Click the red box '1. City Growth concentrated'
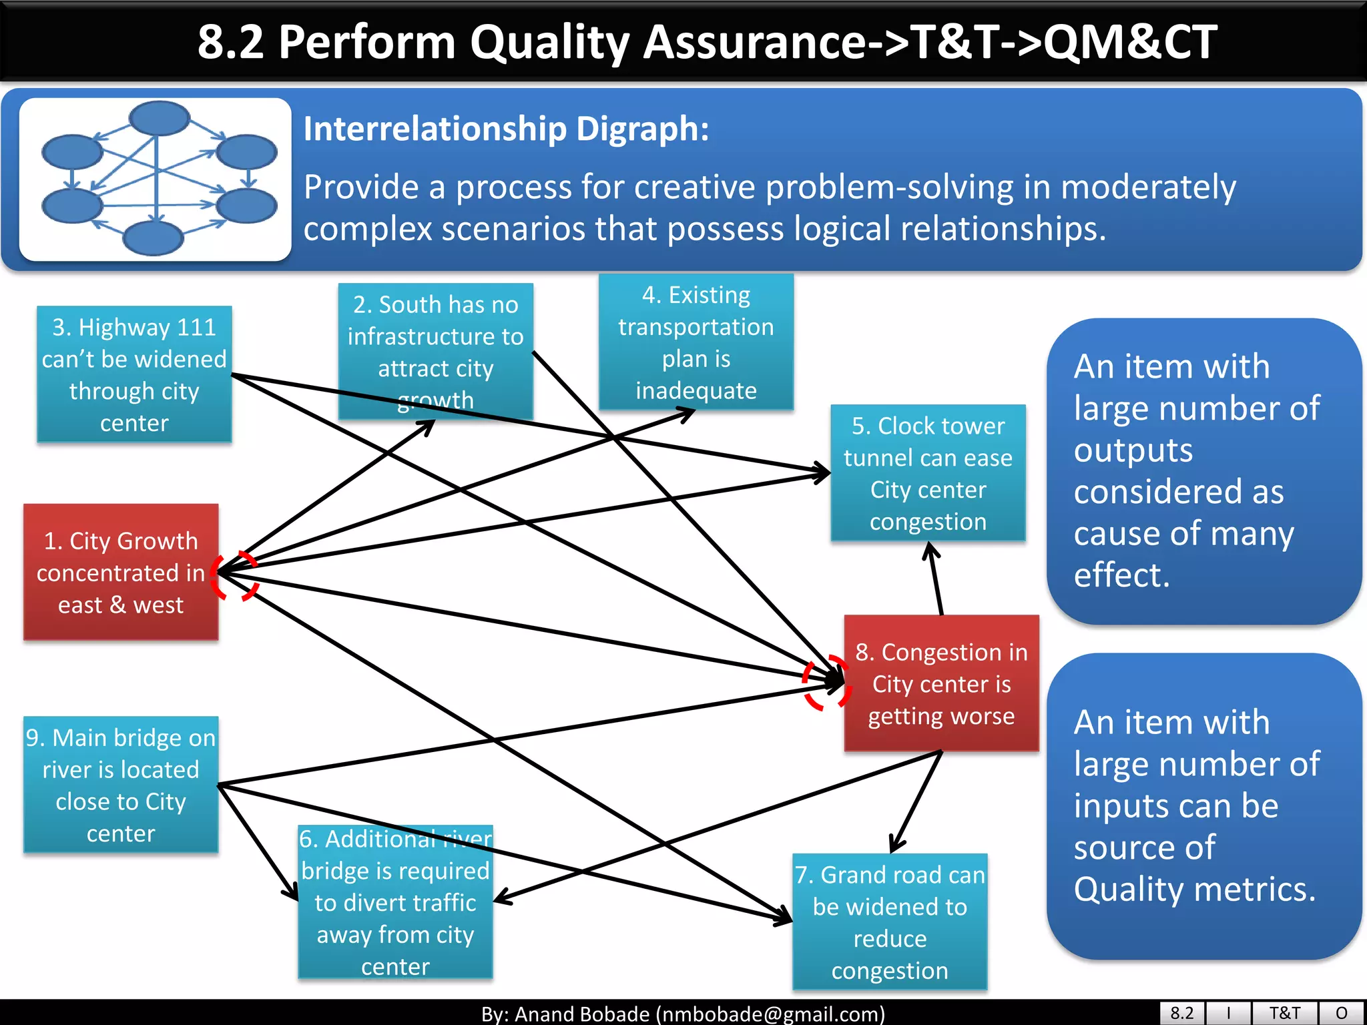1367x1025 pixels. pyautogui.click(x=121, y=572)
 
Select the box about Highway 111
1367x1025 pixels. pyautogui.click(x=134, y=374)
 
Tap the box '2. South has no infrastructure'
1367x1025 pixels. pyautogui.click(x=435, y=352)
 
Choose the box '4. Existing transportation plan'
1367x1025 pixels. pyautogui.click(x=696, y=342)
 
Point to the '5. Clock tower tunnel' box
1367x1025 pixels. pyautogui.click(x=928, y=472)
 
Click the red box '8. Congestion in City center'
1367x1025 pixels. pyautogui.click(x=941, y=683)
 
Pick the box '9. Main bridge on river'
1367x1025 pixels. pyautogui.click(x=121, y=785)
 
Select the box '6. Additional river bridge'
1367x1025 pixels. pyautogui.click(x=395, y=902)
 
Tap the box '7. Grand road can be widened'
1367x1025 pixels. pyautogui.click(x=890, y=922)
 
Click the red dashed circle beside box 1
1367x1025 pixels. pyautogui.click(x=234, y=576)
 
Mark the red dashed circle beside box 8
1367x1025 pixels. pyautogui.click(x=826, y=683)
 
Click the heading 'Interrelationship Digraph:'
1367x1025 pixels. pyautogui.click(x=506, y=128)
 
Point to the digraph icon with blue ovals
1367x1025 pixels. pyautogui.click(x=156, y=179)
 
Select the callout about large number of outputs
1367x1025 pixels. pyautogui.click(x=1203, y=471)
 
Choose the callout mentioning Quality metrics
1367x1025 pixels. pyautogui.click(x=1203, y=805)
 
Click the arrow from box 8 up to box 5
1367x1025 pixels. pyautogui.click(x=936, y=578)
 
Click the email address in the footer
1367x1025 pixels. pyautogui.click(x=770, y=1014)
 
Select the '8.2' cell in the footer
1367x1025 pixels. pyautogui.click(x=1181, y=1013)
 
